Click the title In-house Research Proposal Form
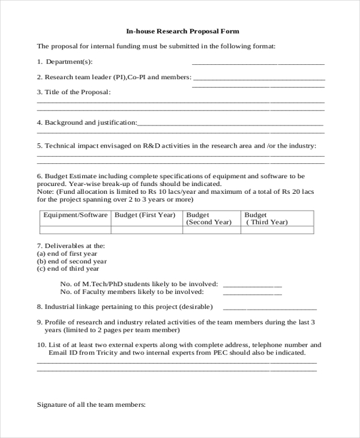pos(182,31)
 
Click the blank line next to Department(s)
pos(258,62)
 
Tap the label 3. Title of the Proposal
pos(74,92)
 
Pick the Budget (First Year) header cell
pos(145,215)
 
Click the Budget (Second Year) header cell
pos(208,218)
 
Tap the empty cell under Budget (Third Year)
pos(277,230)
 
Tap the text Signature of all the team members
pos(91,405)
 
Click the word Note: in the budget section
pos(46,192)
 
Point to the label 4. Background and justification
pos(87,122)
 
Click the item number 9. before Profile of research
pos(40,322)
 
